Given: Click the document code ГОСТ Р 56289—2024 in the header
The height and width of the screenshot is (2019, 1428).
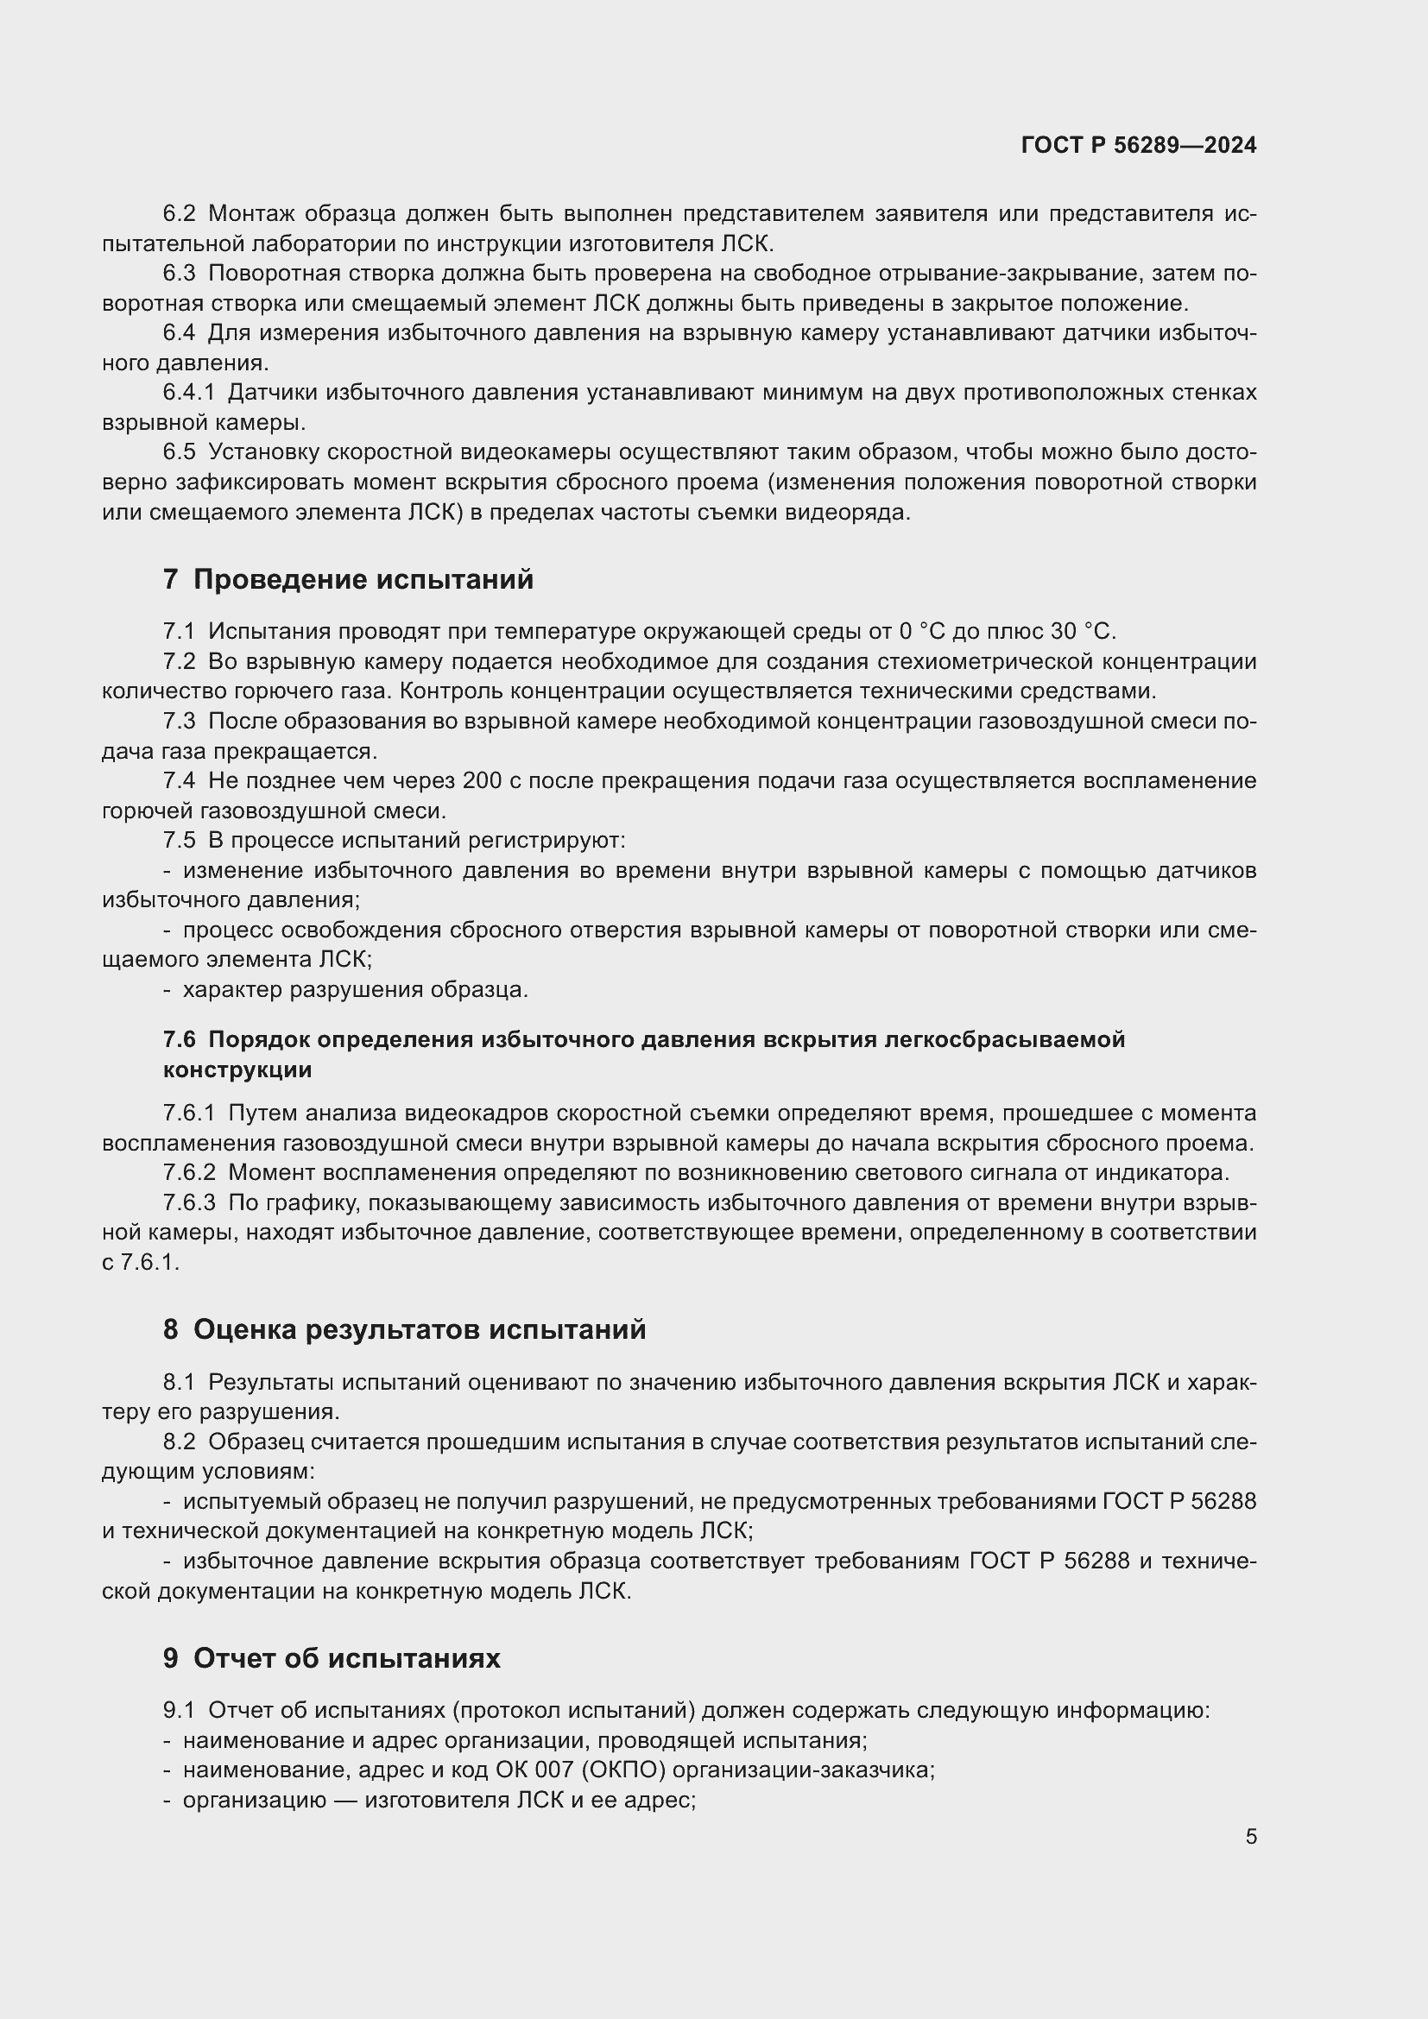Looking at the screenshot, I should click(x=1139, y=145).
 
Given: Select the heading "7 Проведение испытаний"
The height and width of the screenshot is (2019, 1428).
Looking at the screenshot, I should click(x=348, y=579).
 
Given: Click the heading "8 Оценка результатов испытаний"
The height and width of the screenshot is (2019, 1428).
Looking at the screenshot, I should click(x=404, y=1329).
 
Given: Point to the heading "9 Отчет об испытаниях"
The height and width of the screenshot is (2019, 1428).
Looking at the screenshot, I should click(x=332, y=1658).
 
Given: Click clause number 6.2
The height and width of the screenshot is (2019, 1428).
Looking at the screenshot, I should click(x=180, y=214).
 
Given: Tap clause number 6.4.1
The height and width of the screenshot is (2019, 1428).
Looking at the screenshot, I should click(x=189, y=392).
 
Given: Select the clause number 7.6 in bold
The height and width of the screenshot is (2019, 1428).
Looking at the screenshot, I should click(x=180, y=1039).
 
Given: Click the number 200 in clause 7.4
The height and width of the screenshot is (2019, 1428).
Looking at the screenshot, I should click(x=483, y=781).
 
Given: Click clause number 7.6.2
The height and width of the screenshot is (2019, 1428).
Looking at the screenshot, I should click(x=189, y=1172).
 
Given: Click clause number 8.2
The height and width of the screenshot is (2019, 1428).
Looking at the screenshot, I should click(x=180, y=1442).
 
